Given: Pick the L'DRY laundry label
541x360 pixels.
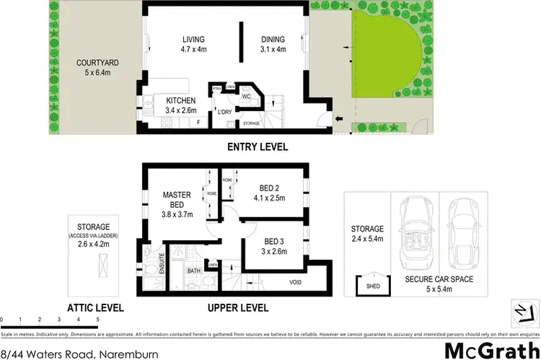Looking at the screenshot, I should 224,113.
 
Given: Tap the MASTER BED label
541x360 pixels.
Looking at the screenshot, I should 177,199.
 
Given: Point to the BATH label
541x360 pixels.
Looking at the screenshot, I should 193,271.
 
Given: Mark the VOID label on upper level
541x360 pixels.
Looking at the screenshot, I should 296,282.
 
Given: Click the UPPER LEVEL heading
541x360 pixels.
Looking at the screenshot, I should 238,308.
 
